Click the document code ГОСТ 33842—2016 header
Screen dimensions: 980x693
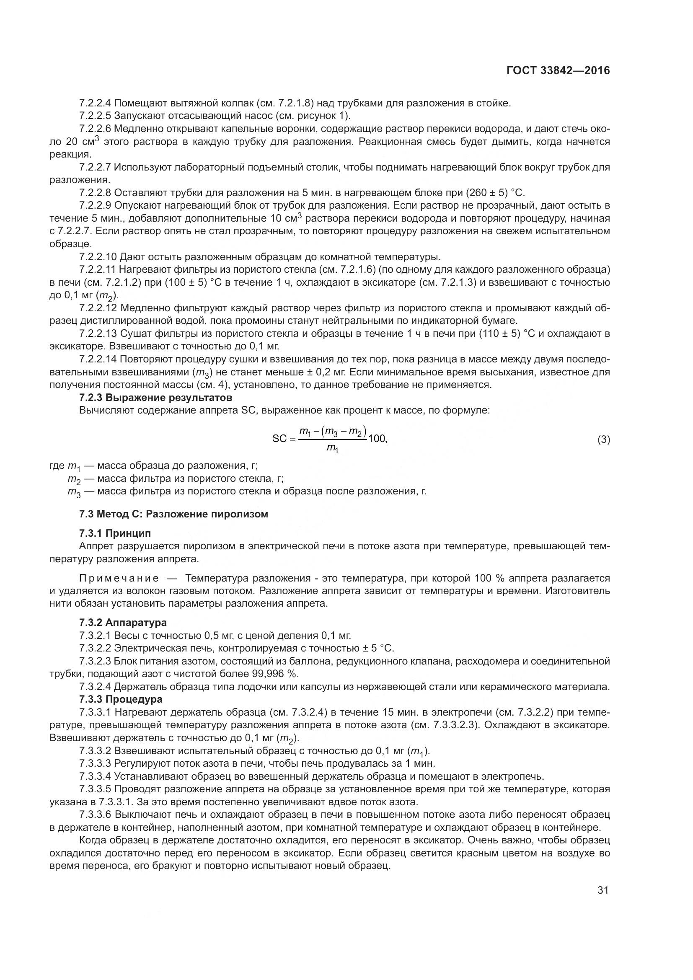(x=558, y=70)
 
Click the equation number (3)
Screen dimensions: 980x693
(x=603, y=439)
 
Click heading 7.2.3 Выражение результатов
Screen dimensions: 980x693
(x=156, y=397)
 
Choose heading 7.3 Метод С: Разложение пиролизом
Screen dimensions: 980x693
(x=174, y=514)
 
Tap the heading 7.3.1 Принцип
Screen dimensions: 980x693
(x=115, y=533)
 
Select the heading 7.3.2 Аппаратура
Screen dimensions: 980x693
(x=123, y=622)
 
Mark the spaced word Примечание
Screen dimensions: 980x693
(x=119, y=578)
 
